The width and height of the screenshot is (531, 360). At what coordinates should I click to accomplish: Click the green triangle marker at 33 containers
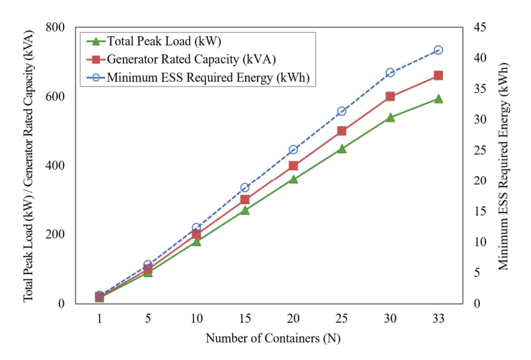[x=438, y=99]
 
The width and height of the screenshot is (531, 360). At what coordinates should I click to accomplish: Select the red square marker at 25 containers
[x=341, y=131]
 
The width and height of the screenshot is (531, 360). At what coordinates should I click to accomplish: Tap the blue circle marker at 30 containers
[x=390, y=73]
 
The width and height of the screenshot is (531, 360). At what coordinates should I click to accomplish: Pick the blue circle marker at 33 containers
[x=438, y=50]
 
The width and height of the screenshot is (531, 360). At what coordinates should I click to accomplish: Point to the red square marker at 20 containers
[x=293, y=166]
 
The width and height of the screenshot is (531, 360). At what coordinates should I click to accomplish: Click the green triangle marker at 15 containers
[x=245, y=210]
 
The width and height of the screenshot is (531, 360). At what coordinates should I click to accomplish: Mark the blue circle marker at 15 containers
[x=245, y=188]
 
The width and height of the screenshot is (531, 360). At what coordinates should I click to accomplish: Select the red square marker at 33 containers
[x=438, y=75]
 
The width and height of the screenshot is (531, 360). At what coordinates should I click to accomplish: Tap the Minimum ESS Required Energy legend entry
[x=207, y=77]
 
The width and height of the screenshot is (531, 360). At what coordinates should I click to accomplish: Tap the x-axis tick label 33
[x=438, y=318]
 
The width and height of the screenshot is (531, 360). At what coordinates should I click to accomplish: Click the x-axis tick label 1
[x=99, y=318]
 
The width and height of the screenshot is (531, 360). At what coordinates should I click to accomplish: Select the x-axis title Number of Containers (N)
[x=273, y=338]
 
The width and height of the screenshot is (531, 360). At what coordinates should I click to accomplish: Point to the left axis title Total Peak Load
[x=29, y=165]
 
